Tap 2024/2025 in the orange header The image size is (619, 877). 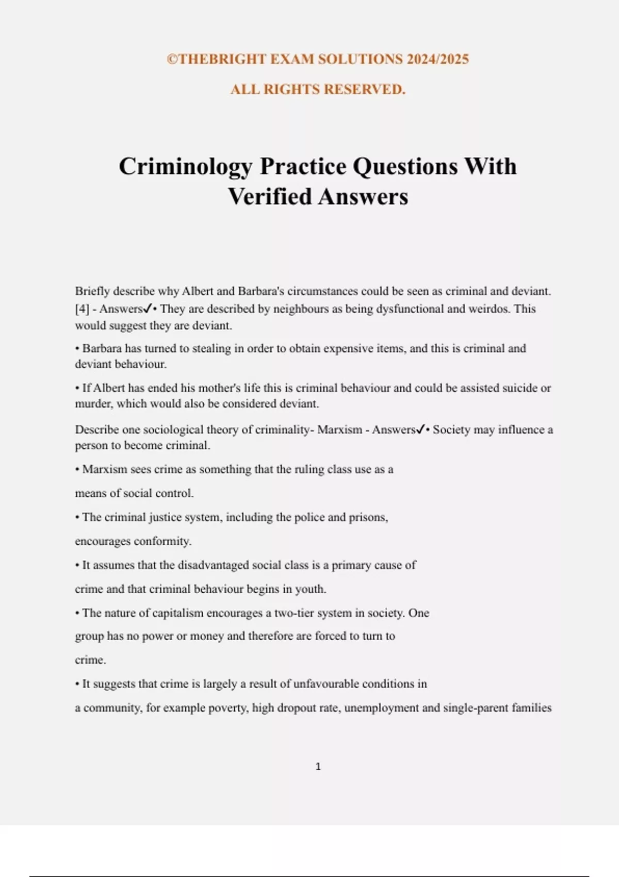click(x=437, y=59)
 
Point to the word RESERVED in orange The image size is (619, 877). click(x=368, y=89)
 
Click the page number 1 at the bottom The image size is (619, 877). click(x=318, y=767)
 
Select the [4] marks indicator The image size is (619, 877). click(x=82, y=309)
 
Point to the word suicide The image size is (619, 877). click(x=518, y=388)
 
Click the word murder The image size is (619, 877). click(x=93, y=403)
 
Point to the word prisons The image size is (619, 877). click(x=368, y=517)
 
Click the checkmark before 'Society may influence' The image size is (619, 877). click(x=420, y=429)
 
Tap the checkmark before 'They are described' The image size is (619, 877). click(x=148, y=308)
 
